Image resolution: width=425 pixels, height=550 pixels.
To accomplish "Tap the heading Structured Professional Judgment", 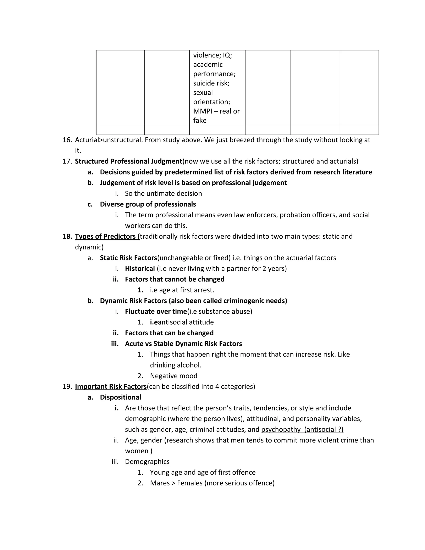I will tap(128, 161).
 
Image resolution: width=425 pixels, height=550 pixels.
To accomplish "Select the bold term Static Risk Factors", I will tap(128, 258).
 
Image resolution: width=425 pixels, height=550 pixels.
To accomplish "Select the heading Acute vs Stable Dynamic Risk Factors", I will tap(183, 344).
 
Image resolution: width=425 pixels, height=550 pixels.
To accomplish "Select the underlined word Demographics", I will tap(147, 462).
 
